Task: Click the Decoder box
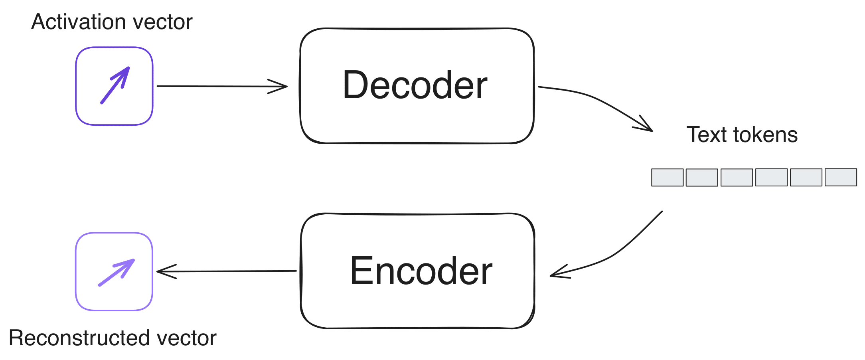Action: (x=417, y=85)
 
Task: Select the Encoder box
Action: (x=418, y=271)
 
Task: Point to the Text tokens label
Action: (x=742, y=135)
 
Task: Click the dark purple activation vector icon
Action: (x=115, y=86)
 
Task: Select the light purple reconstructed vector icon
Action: (x=115, y=271)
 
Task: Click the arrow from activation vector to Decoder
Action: (x=221, y=86)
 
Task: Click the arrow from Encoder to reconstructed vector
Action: (x=227, y=271)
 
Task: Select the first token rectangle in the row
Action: (x=668, y=178)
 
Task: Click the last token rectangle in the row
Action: (x=841, y=178)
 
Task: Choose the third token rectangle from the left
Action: (x=737, y=178)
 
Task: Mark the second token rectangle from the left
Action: (x=702, y=178)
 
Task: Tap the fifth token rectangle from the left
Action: (x=806, y=178)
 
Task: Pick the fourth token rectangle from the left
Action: (x=772, y=178)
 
